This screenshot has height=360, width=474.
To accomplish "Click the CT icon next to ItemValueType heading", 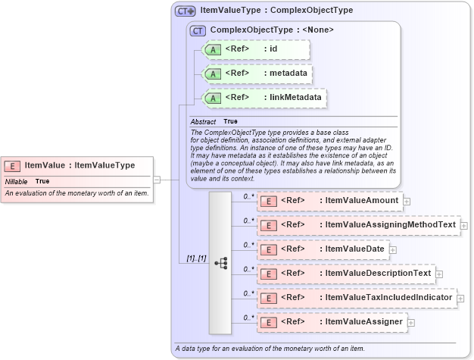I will click(185, 11).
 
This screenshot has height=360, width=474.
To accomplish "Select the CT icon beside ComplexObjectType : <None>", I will click(198, 30).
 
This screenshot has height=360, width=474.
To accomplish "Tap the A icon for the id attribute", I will click(214, 50).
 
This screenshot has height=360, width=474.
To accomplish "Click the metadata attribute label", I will click(288, 74).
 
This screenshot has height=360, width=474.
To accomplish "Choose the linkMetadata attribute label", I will click(295, 97).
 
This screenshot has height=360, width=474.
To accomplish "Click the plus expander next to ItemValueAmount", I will click(407, 202).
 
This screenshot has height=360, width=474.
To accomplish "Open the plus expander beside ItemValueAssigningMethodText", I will click(463, 226).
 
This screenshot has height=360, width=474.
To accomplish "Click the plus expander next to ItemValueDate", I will click(393, 249).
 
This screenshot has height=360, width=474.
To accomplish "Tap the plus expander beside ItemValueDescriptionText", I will click(438, 274).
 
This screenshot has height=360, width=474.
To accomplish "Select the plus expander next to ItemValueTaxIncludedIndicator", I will click(460, 298).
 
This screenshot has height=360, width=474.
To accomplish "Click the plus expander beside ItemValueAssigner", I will click(411, 323).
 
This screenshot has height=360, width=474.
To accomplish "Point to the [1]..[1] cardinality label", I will click(196, 258).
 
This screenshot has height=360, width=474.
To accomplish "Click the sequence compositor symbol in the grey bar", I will click(220, 263).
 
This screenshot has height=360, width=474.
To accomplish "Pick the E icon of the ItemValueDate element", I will click(268, 249).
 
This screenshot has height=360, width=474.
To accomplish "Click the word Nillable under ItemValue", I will click(16, 181).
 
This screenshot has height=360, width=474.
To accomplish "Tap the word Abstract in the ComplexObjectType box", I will click(203, 121).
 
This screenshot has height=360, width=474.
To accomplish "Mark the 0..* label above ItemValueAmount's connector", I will click(248, 196).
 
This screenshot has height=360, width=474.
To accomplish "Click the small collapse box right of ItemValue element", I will click(157, 180).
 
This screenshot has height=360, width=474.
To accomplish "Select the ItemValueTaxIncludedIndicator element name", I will click(388, 298).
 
